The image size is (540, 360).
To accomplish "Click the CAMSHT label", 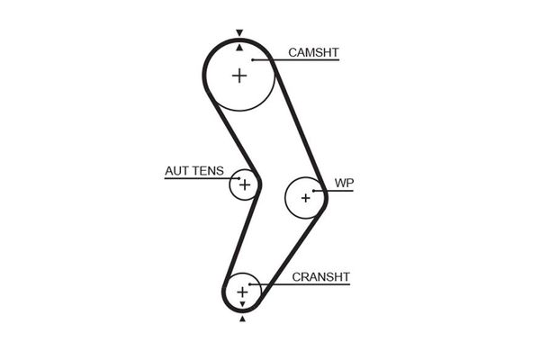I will [x=313, y=52].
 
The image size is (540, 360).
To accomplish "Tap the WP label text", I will [x=344, y=184].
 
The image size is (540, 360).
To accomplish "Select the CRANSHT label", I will [x=320, y=276].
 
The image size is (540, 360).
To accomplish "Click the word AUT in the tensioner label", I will [x=176, y=170].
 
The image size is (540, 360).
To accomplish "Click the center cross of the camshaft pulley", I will [x=239, y=76].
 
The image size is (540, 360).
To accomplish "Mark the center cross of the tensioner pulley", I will [x=243, y=184].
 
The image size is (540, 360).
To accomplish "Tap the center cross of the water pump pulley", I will [x=305, y=197].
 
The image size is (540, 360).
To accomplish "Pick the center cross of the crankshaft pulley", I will [x=242, y=292].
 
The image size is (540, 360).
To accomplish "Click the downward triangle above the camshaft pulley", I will [x=239, y=33].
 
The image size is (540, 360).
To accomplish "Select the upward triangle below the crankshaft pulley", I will [x=242, y=318].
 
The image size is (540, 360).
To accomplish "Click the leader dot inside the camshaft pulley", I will [x=255, y=60].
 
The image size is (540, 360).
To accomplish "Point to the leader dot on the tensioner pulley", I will [x=238, y=178].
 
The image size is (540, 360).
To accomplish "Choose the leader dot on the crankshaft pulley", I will [x=253, y=285].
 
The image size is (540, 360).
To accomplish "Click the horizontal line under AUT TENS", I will [x=198, y=178].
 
